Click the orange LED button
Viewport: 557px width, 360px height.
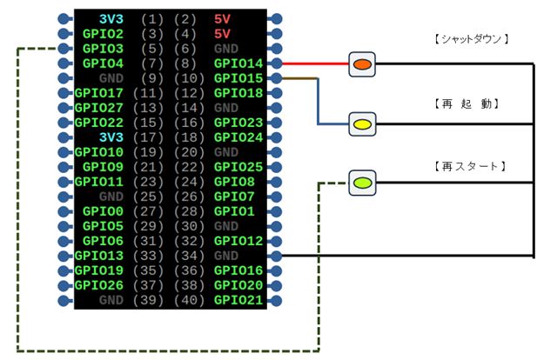click(x=362, y=64)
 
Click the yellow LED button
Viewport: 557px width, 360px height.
click(x=362, y=124)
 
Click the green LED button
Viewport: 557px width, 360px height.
click(x=362, y=183)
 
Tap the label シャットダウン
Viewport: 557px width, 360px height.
click(x=470, y=39)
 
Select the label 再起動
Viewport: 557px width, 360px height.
click(x=470, y=103)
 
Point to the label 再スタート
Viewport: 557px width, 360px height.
click(x=470, y=165)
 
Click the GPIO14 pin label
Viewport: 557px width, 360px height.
click(x=238, y=63)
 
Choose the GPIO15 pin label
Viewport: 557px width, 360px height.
click(x=238, y=78)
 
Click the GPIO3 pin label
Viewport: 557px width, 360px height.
click(x=103, y=49)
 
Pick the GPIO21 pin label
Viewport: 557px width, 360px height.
click(x=238, y=300)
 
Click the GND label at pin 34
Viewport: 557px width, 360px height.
click(x=225, y=256)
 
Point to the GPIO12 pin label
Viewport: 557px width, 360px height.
click(x=238, y=241)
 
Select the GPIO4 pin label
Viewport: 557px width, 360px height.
click(x=103, y=63)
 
